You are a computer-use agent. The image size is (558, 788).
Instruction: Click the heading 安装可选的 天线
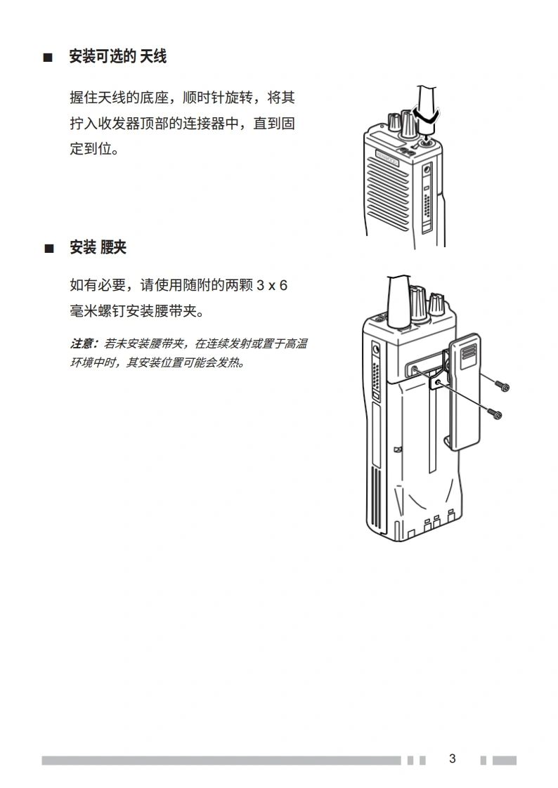tap(117, 56)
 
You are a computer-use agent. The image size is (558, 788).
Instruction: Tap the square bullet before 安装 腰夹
tap(49, 248)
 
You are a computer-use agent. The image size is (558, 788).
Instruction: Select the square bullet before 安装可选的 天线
tap(48, 58)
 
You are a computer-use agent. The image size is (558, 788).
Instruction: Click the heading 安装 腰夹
tap(98, 247)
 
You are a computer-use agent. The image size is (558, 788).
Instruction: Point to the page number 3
tap(453, 759)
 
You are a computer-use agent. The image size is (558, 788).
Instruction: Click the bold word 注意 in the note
tap(82, 343)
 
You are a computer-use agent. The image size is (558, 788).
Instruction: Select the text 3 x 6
tap(272, 285)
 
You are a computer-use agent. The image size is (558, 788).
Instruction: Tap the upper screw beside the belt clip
tap(502, 386)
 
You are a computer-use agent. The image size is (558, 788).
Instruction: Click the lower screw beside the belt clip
tap(495, 414)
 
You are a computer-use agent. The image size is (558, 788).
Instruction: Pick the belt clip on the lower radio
tap(464, 392)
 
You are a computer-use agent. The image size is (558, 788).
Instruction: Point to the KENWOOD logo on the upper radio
tap(387, 157)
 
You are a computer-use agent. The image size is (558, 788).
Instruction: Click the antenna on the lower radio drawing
tap(399, 301)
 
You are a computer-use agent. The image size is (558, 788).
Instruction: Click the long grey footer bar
tap(221, 761)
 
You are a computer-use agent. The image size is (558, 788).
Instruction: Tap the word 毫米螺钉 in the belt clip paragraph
tap(98, 311)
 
